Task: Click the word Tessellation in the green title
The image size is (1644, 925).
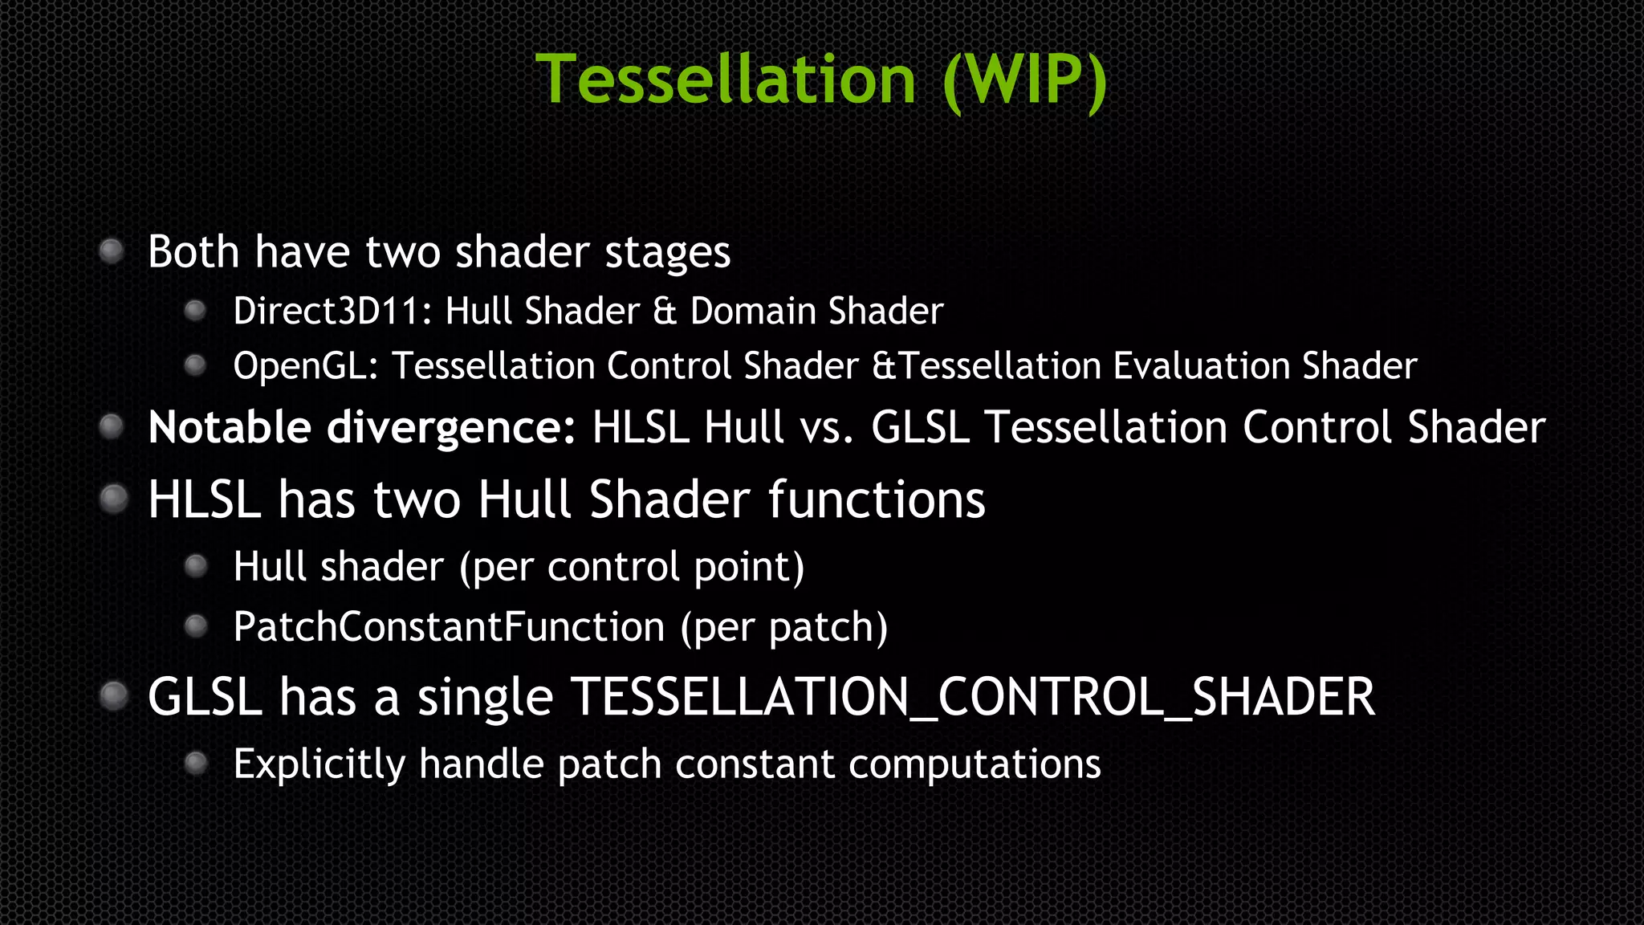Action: point(726,79)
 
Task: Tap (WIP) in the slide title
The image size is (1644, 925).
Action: point(1025,79)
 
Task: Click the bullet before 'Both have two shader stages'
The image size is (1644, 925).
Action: point(112,251)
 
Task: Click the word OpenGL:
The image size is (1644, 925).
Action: point(306,366)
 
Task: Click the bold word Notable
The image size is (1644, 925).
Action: point(230,427)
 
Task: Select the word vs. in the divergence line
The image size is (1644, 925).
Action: point(826,427)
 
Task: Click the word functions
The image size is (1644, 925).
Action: point(877,499)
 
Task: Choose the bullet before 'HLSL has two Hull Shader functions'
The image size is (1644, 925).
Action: point(113,499)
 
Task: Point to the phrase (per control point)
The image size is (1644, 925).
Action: point(632,568)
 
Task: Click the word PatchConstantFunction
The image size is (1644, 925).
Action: point(449,627)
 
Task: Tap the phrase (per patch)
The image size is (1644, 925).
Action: point(784,627)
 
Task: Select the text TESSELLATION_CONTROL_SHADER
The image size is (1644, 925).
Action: point(972,697)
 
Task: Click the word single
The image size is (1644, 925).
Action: point(485,697)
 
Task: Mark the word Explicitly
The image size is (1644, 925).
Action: point(319,764)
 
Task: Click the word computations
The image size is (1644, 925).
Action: point(975,764)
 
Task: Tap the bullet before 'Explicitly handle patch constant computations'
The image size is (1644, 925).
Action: point(196,763)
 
